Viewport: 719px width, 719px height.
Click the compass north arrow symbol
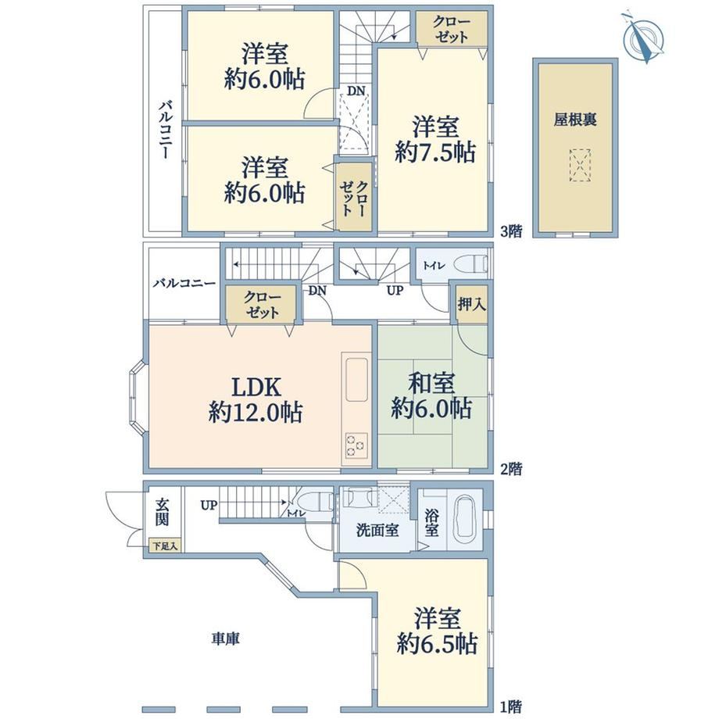click(643, 38)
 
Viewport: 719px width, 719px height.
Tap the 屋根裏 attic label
click(575, 120)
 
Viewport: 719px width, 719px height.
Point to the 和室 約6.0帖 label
click(431, 395)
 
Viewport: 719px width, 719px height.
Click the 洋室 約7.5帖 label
click(435, 139)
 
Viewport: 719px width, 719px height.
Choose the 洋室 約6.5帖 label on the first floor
click(437, 631)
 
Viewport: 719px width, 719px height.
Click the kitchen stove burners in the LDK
click(356, 445)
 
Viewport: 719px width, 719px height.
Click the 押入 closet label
click(471, 304)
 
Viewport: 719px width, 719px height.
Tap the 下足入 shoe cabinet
click(165, 546)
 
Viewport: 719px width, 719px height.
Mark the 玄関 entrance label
click(162, 512)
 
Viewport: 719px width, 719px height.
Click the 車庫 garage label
click(226, 639)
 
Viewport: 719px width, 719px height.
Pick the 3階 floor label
click(511, 231)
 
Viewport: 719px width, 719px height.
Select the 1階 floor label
click(511, 706)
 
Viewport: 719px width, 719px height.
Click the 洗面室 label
click(377, 530)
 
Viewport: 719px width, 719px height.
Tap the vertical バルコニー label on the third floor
click(165, 130)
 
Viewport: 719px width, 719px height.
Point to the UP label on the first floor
click(209, 506)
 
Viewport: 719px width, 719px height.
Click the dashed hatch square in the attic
click(580, 165)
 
